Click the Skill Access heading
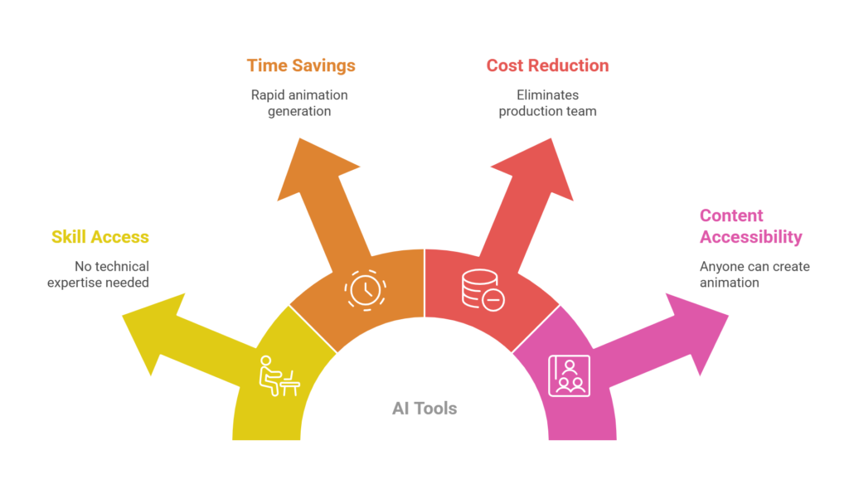(100, 237)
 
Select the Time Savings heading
(301, 65)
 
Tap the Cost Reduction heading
(547, 65)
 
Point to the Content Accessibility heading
(750, 226)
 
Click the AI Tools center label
(424, 408)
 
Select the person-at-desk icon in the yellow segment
(278, 375)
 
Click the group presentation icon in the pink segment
(569, 375)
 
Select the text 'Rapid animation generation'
(299, 103)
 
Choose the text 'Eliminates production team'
(547, 103)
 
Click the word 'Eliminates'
(547, 94)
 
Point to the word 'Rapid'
(268, 94)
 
